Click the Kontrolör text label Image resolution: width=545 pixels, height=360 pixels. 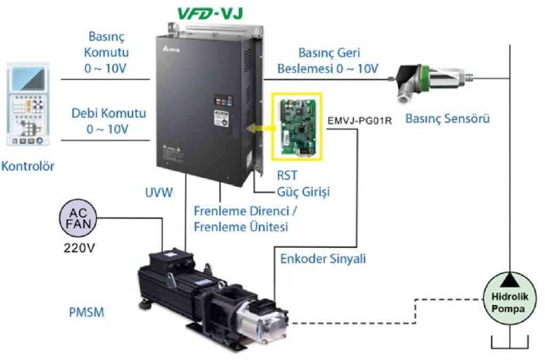pyautogui.click(x=28, y=166)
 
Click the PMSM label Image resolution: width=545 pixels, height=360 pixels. pyautogui.click(x=86, y=312)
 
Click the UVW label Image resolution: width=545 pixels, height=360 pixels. pyautogui.click(x=158, y=193)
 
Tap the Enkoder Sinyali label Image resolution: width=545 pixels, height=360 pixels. pyautogui.click(x=323, y=259)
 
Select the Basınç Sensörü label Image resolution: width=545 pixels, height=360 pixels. pyautogui.click(x=448, y=119)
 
